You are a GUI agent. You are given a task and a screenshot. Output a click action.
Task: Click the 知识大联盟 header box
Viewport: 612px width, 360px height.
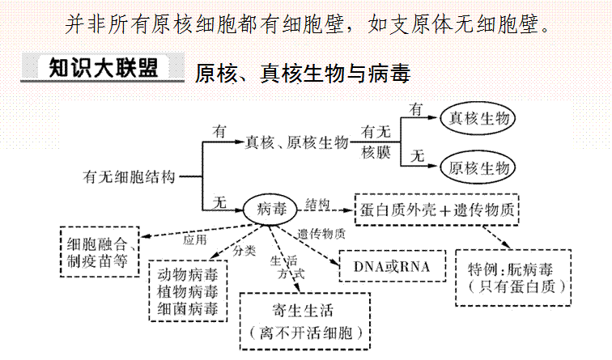pyautogui.click(x=102, y=67)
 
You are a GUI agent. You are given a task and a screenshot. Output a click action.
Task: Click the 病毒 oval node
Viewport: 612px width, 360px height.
pyautogui.click(x=271, y=209)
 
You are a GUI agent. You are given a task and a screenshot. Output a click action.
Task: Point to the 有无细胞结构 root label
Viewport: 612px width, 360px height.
pyautogui.click(x=128, y=175)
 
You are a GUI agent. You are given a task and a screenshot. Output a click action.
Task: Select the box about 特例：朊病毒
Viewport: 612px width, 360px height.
pyautogui.click(x=512, y=277)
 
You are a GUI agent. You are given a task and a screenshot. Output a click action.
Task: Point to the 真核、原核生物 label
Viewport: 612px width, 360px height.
pyautogui.click(x=296, y=143)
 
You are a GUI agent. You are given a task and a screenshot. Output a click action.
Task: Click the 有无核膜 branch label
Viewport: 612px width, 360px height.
pyautogui.click(x=376, y=142)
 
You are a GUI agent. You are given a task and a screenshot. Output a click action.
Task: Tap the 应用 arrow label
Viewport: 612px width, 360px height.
pyautogui.click(x=195, y=239)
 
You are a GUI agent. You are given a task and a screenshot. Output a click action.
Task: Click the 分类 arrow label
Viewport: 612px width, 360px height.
pyautogui.click(x=244, y=251)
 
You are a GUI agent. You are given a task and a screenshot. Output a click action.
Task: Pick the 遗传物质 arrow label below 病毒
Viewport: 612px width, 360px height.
pyautogui.click(x=321, y=235)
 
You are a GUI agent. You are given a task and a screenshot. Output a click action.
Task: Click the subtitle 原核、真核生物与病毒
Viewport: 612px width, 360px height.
pyautogui.click(x=303, y=74)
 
